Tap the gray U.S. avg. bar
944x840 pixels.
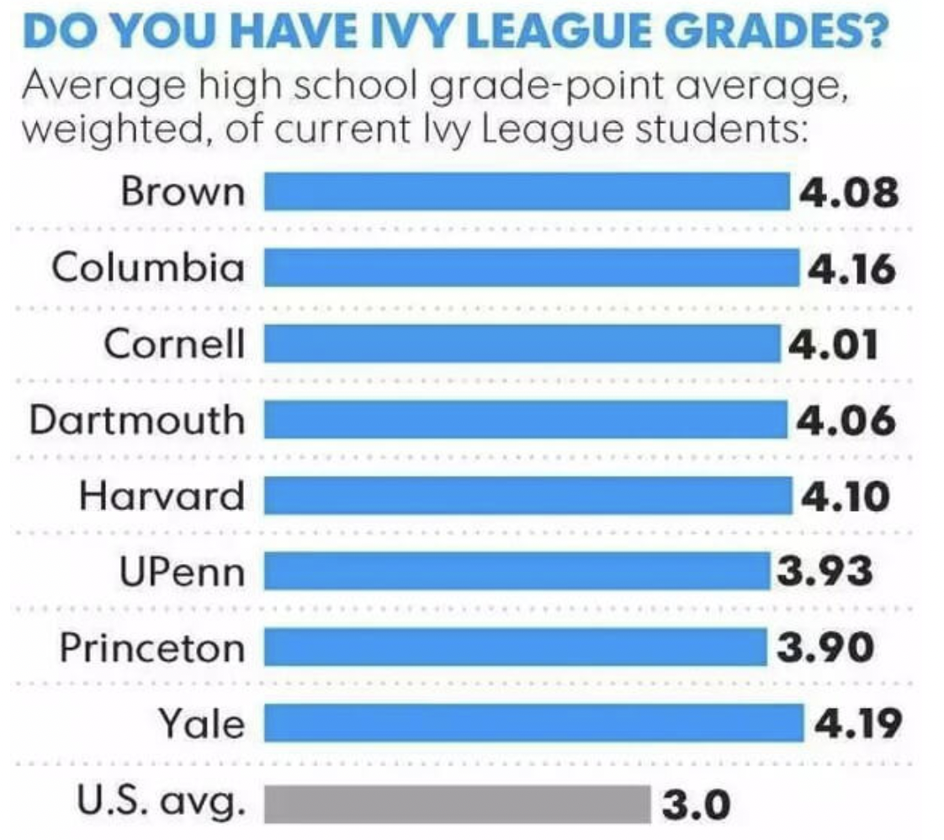coord(458,803)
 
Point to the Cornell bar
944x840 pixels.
coord(522,343)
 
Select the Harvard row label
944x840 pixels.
coord(162,496)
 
